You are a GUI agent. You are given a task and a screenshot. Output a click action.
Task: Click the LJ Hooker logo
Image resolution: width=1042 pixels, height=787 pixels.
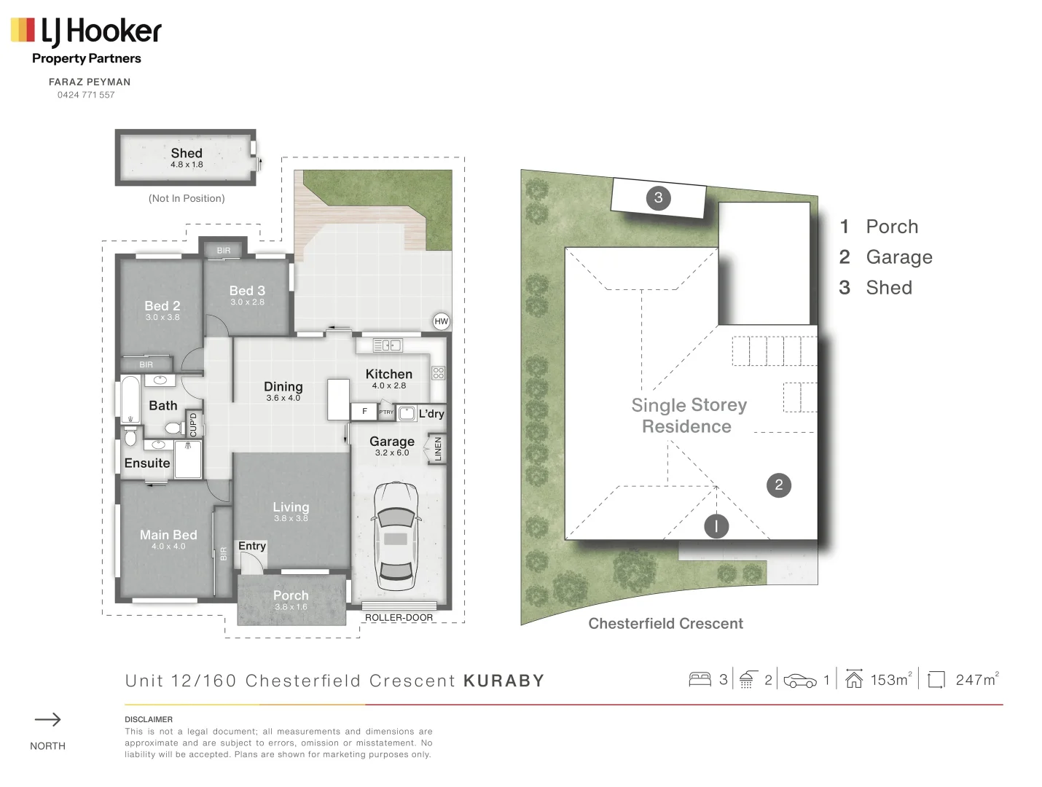(86, 31)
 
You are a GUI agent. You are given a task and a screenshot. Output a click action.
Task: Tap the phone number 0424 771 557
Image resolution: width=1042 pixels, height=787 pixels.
(86, 95)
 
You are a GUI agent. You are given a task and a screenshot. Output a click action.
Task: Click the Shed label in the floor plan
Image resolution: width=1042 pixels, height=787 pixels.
(187, 153)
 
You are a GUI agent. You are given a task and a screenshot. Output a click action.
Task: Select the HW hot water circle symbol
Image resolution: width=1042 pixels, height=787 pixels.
(441, 321)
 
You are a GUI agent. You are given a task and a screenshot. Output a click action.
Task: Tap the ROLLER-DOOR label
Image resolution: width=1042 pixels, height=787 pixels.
(399, 617)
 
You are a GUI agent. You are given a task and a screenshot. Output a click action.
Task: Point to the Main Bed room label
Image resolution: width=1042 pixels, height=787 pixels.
(168, 535)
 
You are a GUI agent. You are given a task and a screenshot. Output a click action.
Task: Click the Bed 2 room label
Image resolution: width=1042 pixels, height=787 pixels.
(162, 306)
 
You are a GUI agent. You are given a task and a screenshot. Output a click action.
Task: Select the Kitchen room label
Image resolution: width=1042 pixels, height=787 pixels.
(388, 374)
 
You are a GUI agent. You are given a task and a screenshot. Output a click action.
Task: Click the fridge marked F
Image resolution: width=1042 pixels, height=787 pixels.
(364, 412)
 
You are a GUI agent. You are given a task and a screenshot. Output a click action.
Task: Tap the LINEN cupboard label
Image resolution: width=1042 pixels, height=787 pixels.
(437, 449)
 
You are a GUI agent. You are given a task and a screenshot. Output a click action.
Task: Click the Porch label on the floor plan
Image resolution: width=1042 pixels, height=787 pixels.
(291, 595)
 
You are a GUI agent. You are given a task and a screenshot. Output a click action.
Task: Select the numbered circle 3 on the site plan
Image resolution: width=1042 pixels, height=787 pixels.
(659, 197)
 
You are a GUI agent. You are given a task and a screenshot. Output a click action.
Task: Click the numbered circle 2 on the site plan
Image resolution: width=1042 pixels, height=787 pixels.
(779, 485)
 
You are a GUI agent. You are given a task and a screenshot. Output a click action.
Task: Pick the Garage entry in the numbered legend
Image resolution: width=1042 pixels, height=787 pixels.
(898, 257)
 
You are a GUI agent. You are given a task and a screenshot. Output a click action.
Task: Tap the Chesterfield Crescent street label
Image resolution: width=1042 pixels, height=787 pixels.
(665, 624)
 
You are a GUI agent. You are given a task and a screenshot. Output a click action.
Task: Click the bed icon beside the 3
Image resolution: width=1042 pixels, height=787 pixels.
(700, 680)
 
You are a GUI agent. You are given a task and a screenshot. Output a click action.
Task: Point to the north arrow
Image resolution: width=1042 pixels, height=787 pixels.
(48, 720)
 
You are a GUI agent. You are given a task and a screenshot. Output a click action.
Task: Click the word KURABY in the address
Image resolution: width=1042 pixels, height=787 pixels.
(504, 681)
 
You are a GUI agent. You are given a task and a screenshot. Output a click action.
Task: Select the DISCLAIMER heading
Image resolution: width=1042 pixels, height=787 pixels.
(149, 719)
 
